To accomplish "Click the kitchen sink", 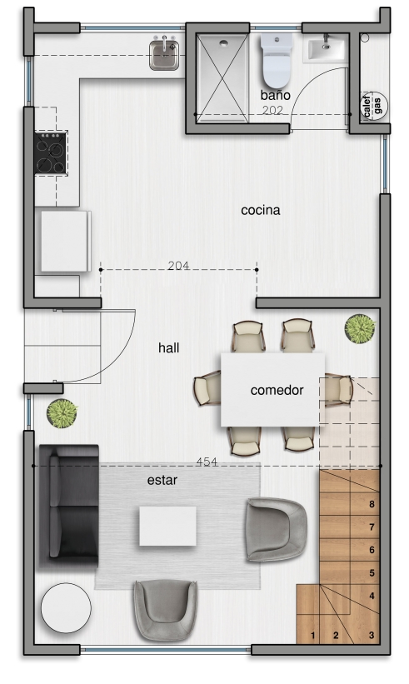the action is [x=164, y=54].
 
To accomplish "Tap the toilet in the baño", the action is [x=276, y=61].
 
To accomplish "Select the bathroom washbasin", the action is [x=326, y=48].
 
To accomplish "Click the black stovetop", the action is [x=51, y=152].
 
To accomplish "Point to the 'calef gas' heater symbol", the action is [x=373, y=106].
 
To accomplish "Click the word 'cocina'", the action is [x=261, y=210].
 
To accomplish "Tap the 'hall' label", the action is [x=169, y=347].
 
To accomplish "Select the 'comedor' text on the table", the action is [x=277, y=390].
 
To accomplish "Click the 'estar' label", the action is [x=162, y=480].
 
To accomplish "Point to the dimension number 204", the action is [x=178, y=265].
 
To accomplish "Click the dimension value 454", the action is [x=207, y=462].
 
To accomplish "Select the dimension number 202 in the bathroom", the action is [x=272, y=110].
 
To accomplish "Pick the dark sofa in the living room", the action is [x=69, y=506].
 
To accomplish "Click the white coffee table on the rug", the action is [x=167, y=526].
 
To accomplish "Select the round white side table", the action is [x=66, y=607].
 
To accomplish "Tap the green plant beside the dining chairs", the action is [x=360, y=329].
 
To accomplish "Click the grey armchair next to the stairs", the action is [x=276, y=529].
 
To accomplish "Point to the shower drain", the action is [x=224, y=43].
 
